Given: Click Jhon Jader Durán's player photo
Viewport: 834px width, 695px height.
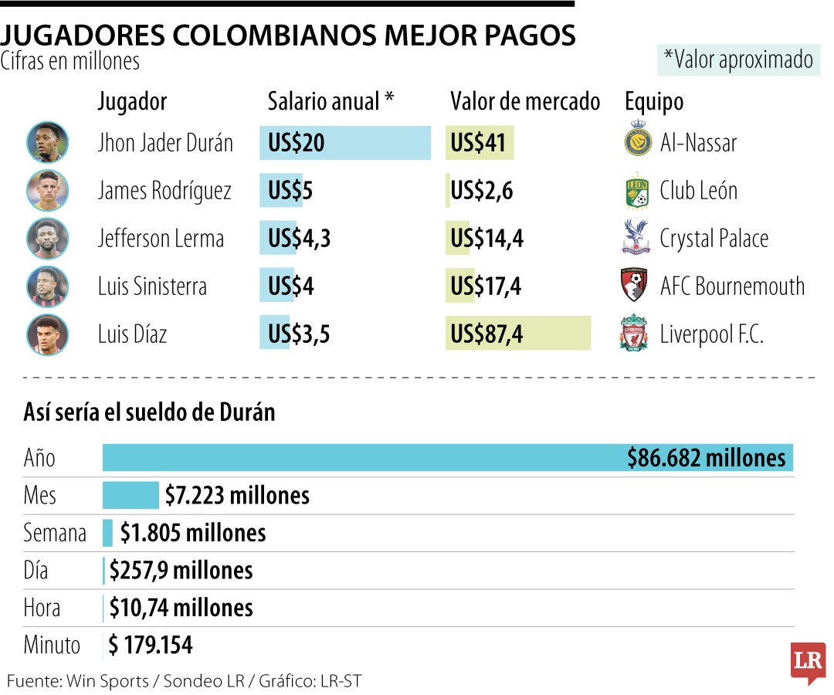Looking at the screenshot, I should [x=47, y=143].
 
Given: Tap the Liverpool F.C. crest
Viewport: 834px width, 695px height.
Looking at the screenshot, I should [x=634, y=334].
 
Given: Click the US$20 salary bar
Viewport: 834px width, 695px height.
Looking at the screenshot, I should [x=345, y=143].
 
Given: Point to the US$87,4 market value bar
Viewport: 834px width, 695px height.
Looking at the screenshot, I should [x=517, y=334].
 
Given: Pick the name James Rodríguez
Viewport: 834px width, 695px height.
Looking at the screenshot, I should [x=164, y=191].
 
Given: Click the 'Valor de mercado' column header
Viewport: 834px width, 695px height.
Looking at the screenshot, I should [x=525, y=101].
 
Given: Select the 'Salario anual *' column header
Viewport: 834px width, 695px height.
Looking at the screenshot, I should [x=331, y=101].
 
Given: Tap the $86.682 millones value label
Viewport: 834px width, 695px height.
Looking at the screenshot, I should [x=706, y=458].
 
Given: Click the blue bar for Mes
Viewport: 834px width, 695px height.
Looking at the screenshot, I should [x=130, y=495].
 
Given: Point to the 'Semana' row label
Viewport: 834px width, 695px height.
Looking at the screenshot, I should [x=55, y=533].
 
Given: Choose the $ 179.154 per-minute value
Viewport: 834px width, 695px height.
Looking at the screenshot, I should [x=151, y=645].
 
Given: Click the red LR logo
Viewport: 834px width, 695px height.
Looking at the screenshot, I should [x=807, y=661].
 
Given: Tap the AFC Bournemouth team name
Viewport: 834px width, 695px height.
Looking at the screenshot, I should [x=731, y=286].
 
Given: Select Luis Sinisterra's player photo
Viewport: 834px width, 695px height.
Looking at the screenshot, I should [x=47, y=286].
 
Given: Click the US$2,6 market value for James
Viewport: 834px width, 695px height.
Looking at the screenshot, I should [x=482, y=191].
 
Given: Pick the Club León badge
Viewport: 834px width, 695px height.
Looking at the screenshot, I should [x=636, y=191].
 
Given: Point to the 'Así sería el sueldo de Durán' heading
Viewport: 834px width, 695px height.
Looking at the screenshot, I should [x=150, y=412].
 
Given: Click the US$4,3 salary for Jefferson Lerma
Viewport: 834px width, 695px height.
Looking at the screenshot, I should [x=299, y=239].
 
